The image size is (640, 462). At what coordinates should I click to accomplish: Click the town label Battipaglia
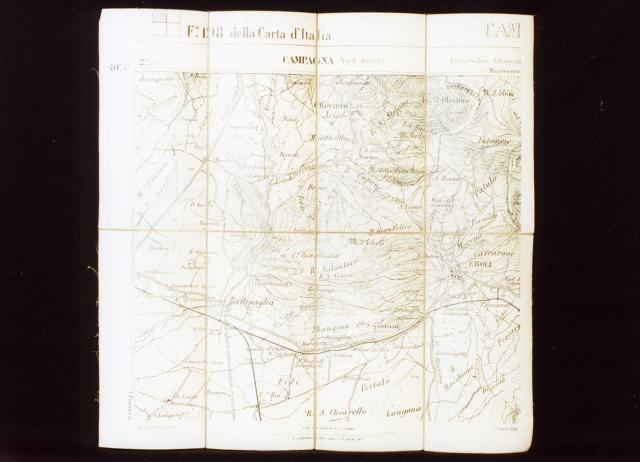tap(251, 301)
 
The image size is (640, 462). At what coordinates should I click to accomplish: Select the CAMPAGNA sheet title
tap(308, 60)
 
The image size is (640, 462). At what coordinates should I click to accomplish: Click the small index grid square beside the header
tap(166, 23)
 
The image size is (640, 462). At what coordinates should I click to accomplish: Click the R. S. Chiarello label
tap(336, 413)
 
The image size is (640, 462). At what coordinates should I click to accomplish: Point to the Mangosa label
tap(330, 328)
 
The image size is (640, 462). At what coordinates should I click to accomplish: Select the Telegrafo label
tap(323, 289)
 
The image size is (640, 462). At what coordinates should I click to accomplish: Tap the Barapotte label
tap(156, 79)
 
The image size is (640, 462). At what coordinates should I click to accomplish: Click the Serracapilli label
tap(451, 353)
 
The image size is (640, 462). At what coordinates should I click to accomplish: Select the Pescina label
tap(159, 248)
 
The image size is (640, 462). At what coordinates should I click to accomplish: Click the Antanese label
tap(494, 141)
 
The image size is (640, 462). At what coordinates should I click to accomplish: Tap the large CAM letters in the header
tap(502, 30)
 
